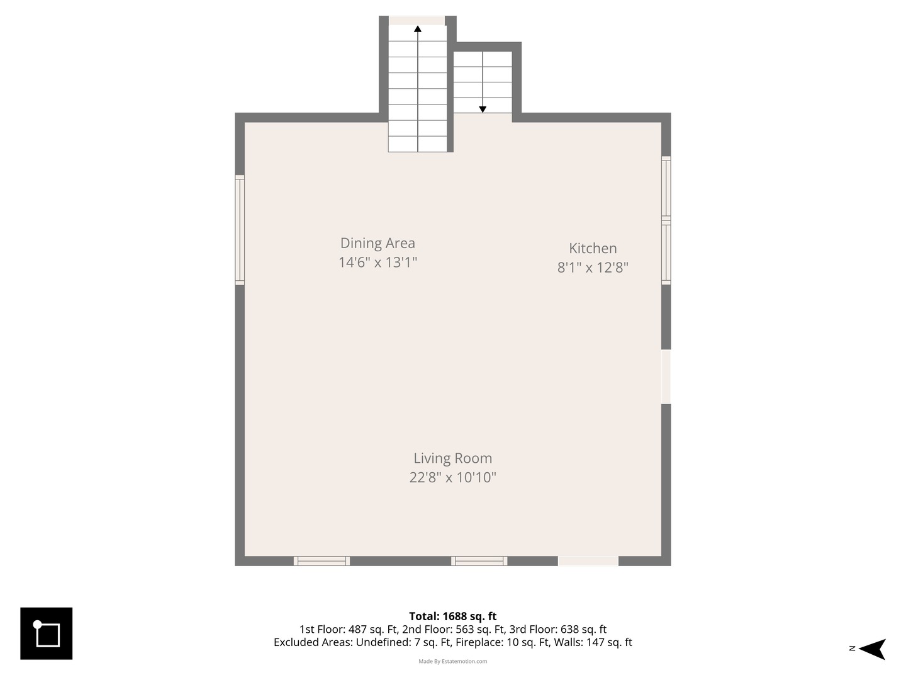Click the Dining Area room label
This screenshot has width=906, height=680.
click(377, 243)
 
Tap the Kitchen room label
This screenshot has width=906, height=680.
click(593, 248)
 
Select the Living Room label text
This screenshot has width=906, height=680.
click(453, 458)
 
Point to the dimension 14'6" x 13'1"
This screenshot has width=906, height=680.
click(377, 262)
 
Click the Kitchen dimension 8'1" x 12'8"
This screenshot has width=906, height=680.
click(593, 268)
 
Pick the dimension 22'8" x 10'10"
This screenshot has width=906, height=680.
click(453, 478)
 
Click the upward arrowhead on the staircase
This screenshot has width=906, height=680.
click(418, 28)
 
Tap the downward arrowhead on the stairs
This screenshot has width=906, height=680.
click(483, 110)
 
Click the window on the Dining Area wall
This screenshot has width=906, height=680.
click(240, 230)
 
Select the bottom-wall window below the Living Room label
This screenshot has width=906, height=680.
click(479, 560)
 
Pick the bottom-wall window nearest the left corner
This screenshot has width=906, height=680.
click(322, 560)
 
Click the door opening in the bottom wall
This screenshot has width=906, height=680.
click(588, 560)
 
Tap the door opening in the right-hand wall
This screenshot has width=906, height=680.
click(666, 377)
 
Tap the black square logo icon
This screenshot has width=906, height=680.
click(46, 633)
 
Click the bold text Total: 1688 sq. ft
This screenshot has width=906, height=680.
click(453, 616)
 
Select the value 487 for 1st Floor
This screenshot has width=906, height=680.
click(357, 629)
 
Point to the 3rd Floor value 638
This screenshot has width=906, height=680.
click(569, 629)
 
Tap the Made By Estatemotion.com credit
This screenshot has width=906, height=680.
click(453, 661)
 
